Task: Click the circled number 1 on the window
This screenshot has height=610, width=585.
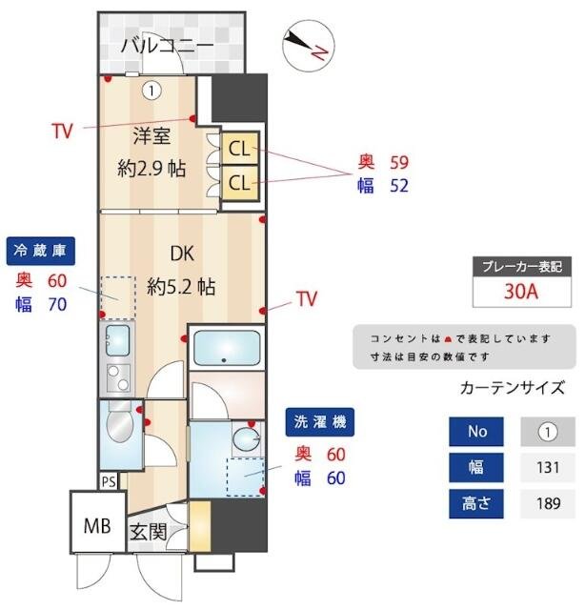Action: [x=152, y=90]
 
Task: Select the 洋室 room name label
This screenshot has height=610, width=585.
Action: [x=151, y=135]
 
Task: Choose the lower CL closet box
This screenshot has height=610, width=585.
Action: [x=238, y=181]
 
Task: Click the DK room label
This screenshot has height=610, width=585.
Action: [x=182, y=254]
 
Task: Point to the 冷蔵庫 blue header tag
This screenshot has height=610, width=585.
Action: [x=40, y=251]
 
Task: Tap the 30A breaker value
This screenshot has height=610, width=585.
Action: [x=522, y=291]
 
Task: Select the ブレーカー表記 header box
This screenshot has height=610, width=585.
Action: [x=522, y=266]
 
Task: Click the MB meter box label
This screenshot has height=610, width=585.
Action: [x=97, y=524]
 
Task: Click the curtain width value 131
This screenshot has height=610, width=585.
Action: [x=547, y=467]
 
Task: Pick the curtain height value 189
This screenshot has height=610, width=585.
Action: [x=547, y=503]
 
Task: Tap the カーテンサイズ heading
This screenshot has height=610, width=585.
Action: [x=512, y=388]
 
